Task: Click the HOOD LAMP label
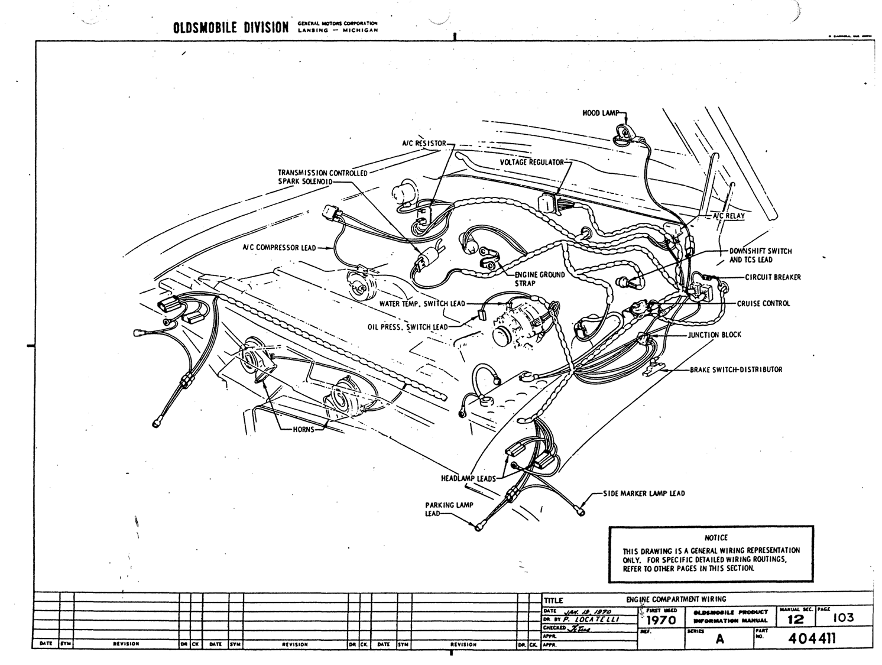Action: coord(599,113)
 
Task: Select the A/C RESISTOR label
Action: coord(424,144)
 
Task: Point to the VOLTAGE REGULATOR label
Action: coord(532,162)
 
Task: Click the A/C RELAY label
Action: coord(728,216)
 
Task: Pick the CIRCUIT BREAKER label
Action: coord(773,277)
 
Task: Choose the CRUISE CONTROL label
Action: coord(763,304)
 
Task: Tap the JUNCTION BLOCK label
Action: coord(714,335)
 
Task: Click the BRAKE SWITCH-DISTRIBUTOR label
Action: coord(736,369)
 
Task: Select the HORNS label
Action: coord(304,429)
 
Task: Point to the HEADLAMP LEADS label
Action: coord(468,478)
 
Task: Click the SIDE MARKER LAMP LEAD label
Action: coord(644,493)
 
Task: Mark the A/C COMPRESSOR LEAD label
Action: coord(279,248)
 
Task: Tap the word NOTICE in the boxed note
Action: coord(716,538)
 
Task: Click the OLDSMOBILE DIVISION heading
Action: coord(231,28)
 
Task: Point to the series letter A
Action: coord(719,638)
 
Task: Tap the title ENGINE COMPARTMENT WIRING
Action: coord(676,599)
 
